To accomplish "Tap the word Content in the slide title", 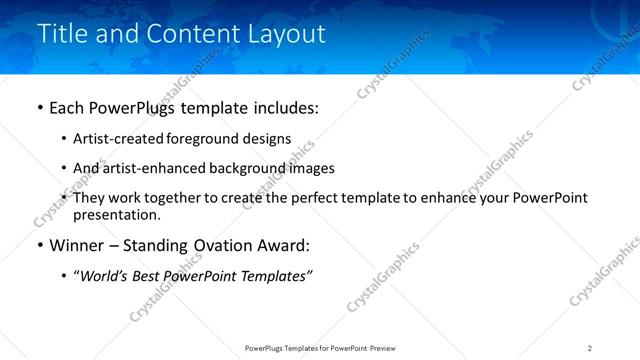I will tap(190, 33).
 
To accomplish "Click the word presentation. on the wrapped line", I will tap(116, 214).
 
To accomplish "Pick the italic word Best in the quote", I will tap(151, 276).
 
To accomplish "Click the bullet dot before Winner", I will tap(40, 246).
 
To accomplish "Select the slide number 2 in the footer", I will tap(590, 348).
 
